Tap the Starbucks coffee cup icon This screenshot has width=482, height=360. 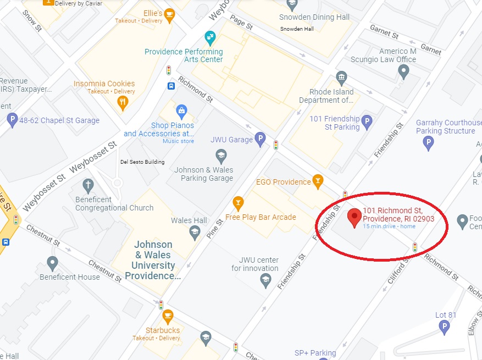click(x=168, y=316)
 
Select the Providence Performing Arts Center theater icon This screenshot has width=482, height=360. click(x=209, y=37)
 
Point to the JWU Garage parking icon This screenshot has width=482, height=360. click(x=261, y=139)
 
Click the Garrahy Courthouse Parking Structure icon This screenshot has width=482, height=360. click(x=428, y=143)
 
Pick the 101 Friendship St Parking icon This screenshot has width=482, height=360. click(x=367, y=121)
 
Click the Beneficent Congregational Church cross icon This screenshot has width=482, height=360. click(x=87, y=185)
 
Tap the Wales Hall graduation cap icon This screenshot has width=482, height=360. click(x=195, y=232)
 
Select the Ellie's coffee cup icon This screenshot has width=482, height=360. click(x=169, y=14)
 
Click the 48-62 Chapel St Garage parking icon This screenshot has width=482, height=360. click(x=12, y=120)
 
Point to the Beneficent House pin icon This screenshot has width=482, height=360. click(x=52, y=263)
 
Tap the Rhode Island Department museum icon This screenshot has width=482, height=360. click(x=341, y=77)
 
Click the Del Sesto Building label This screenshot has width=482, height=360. click(x=142, y=162)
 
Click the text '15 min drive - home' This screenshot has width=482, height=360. click(x=389, y=226)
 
